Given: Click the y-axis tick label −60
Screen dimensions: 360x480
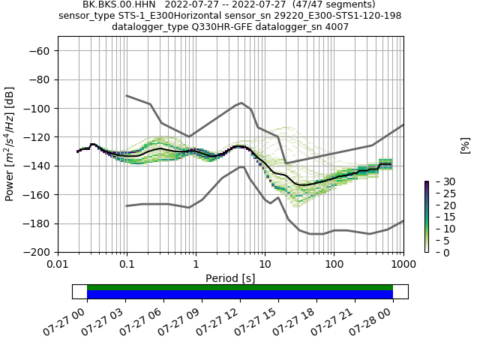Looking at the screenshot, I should click(x=39, y=50).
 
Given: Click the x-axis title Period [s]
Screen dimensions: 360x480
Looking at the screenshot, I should click(x=230, y=278).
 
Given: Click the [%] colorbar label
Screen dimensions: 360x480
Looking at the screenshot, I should click(x=465, y=145).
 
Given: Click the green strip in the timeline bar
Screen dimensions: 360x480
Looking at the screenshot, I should click(x=240, y=287).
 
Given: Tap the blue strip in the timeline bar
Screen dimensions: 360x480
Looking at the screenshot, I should click(x=240, y=295).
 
